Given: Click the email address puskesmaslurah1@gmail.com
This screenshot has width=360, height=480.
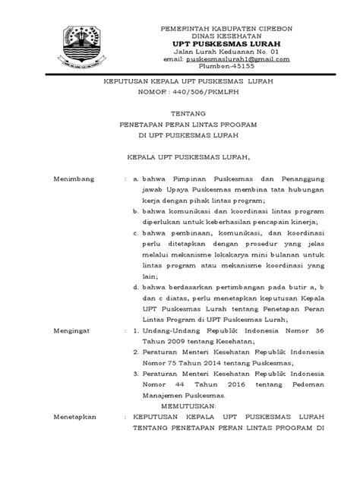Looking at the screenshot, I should click(236, 58).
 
